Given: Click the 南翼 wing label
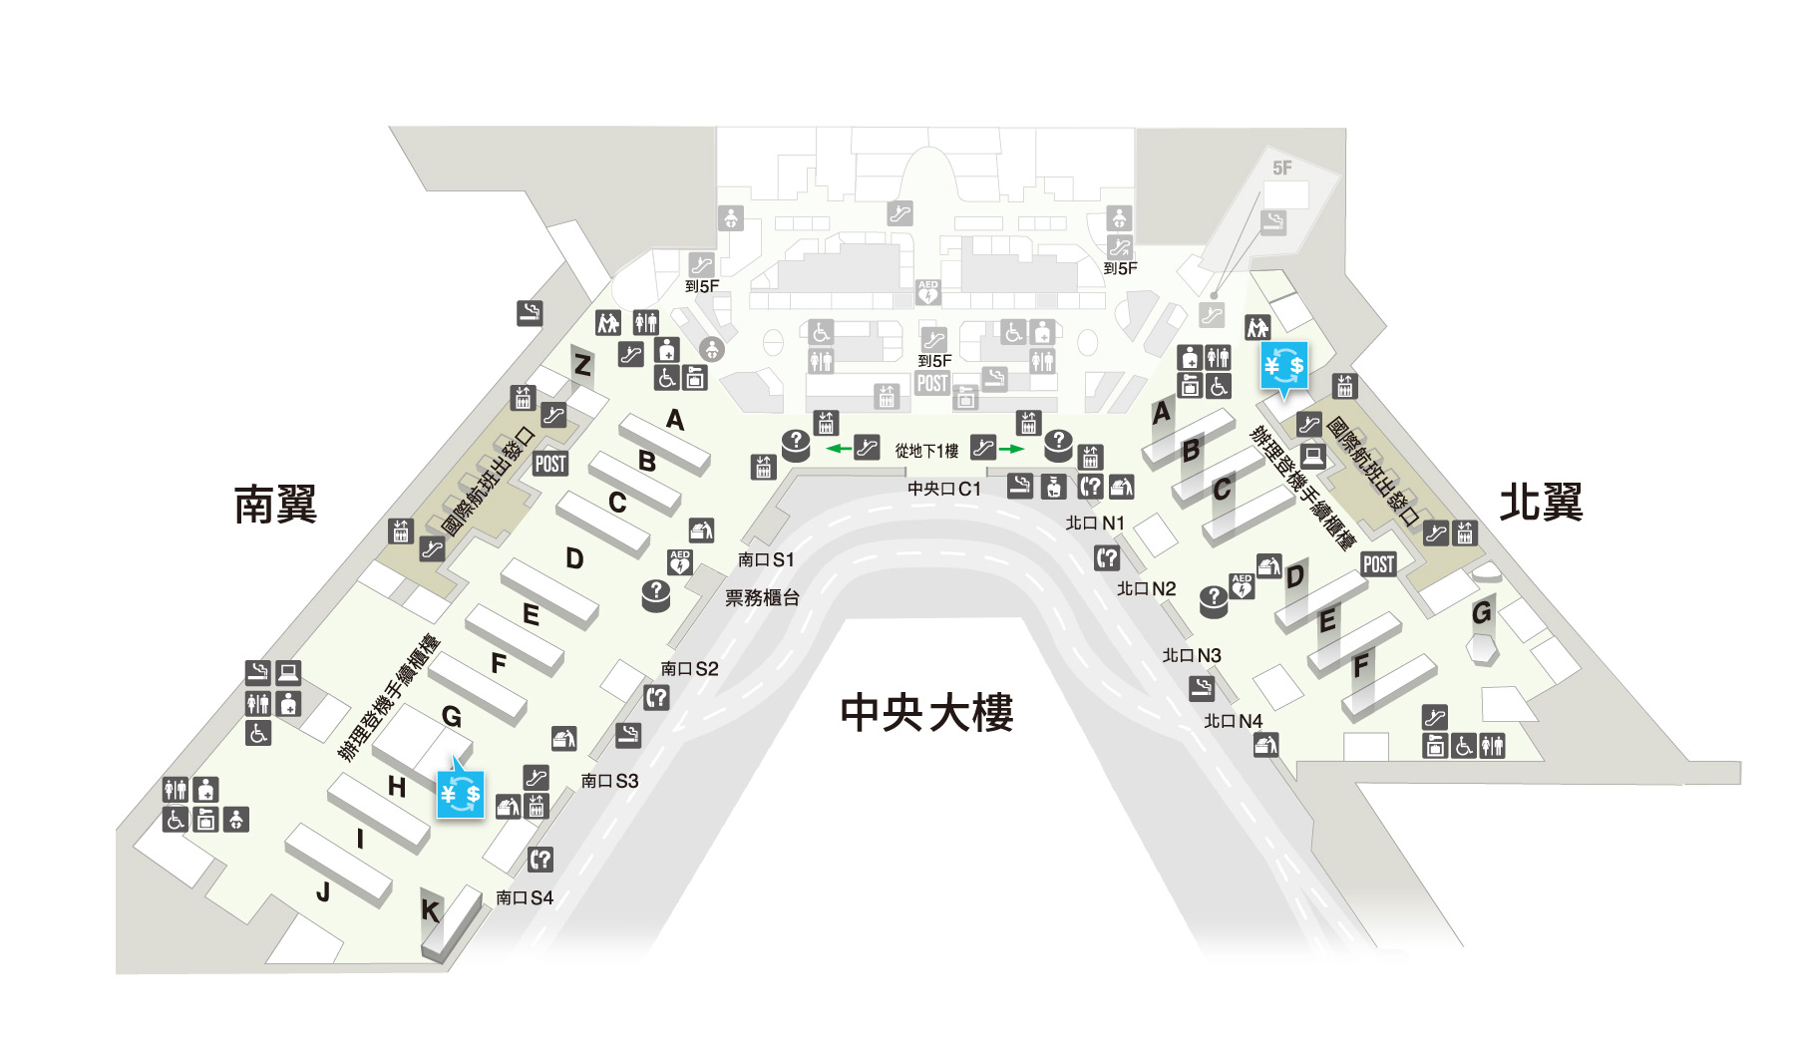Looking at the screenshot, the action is (x=275, y=504).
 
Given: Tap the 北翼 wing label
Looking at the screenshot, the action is (x=1541, y=502).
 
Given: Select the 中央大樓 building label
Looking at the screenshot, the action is (x=926, y=712).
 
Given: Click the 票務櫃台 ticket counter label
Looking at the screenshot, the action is (x=762, y=597).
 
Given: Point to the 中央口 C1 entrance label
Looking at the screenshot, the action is (x=944, y=489).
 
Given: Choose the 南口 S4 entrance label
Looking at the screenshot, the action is (x=525, y=897).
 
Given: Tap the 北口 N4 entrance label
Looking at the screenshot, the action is (x=1234, y=721).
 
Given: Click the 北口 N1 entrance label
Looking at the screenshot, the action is (x=1095, y=523).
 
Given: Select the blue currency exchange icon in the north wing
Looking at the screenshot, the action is (x=1283, y=366).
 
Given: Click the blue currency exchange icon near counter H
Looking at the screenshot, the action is (x=460, y=793).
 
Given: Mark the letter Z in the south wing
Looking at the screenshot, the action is (x=582, y=366).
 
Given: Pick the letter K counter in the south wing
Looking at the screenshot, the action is (x=430, y=910).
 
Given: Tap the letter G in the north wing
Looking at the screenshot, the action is (x=1482, y=611).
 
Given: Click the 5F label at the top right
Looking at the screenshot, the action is (x=1282, y=169).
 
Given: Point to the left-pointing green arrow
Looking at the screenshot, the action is (x=839, y=449).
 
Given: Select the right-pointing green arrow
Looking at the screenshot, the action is (x=1012, y=449).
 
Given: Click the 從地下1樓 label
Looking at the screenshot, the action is (x=926, y=451).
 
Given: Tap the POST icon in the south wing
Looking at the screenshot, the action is (x=550, y=463).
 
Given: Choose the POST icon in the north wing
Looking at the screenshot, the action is (x=1378, y=564).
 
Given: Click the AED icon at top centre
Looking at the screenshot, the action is (x=928, y=292).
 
